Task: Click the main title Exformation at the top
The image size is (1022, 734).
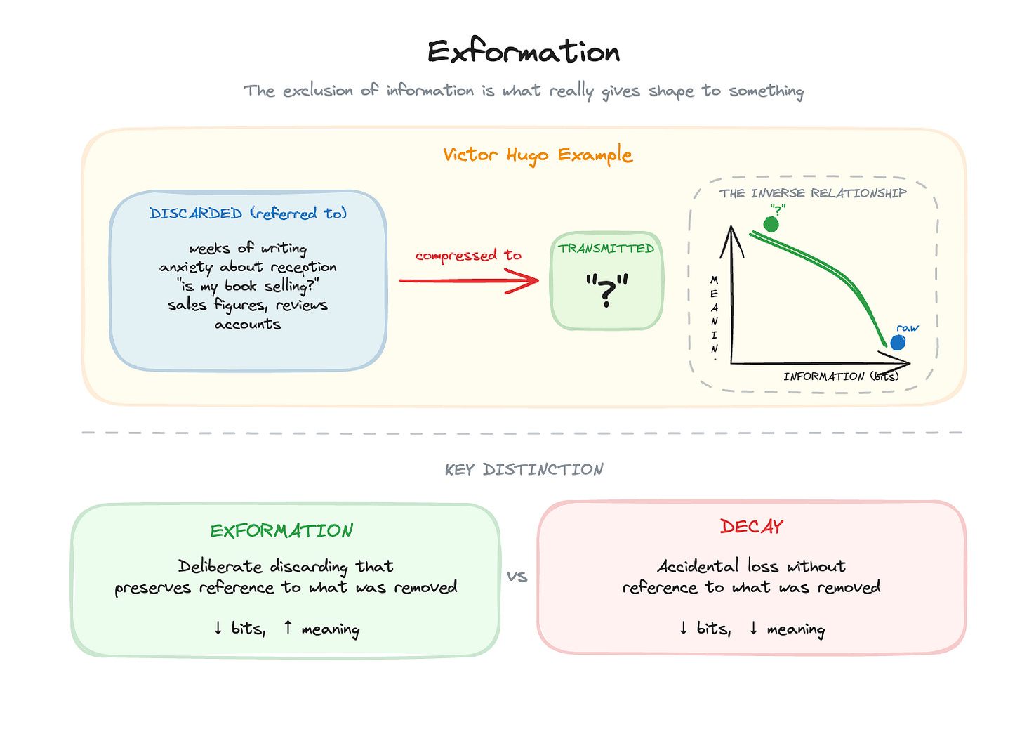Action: point(524,52)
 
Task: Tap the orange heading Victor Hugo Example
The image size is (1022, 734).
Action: point(538,155)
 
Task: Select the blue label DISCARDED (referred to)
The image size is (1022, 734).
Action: point(248,214)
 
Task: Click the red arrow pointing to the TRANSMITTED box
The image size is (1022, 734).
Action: point(469,281)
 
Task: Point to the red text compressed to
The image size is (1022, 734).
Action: point(468,256)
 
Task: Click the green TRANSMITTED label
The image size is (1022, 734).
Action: point(606,249)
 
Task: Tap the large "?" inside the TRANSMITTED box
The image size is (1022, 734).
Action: point(606,290)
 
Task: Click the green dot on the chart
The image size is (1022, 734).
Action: point(771,224)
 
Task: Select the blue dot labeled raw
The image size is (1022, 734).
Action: point(898,343)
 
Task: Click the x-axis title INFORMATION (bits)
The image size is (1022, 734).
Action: point(841,376)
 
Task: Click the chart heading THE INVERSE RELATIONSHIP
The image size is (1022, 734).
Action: point(813,193)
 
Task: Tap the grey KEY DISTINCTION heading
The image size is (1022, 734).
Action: point(524,469)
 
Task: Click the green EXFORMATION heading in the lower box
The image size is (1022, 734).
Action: point(281,531)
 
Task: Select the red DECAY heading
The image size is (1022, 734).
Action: point(751,527)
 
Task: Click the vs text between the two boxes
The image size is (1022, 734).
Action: point(517,577)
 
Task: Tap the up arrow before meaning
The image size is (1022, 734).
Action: point(288,627)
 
